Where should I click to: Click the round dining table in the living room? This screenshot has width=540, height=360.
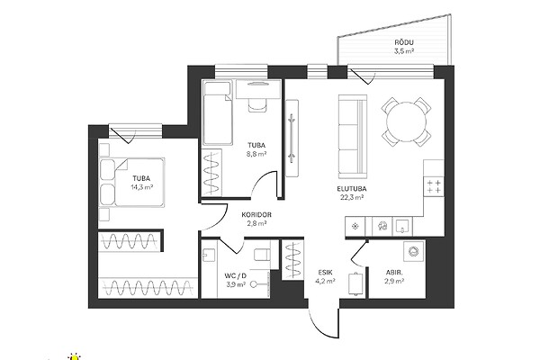coord(407,121)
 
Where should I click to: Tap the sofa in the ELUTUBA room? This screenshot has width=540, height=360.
coord(353,134)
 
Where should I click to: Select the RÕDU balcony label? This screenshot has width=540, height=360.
coord(404,42)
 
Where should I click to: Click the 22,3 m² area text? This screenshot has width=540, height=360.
coord(351,197)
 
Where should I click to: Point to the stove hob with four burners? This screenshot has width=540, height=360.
coord(434,186)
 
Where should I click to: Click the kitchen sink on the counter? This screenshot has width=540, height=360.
coord(402,226)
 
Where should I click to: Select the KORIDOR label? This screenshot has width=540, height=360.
coord(256,214)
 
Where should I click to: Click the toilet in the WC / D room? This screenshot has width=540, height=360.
coord(262,255)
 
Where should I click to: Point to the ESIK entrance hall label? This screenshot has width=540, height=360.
coord(326,272)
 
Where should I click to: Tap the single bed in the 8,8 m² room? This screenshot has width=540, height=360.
coord(217,112)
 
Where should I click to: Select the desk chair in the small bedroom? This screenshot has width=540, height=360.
coord(257,104)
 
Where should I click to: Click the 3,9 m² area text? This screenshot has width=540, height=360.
coord(236,284)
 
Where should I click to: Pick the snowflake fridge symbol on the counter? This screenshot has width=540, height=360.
coord(355,226)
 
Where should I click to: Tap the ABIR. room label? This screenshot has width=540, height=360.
coord(394,273)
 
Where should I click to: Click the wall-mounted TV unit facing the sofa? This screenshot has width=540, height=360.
coord(292,138)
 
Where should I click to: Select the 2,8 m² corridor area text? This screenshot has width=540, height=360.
coord(256,223)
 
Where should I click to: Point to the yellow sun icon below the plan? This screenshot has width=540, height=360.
coord(74,357)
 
